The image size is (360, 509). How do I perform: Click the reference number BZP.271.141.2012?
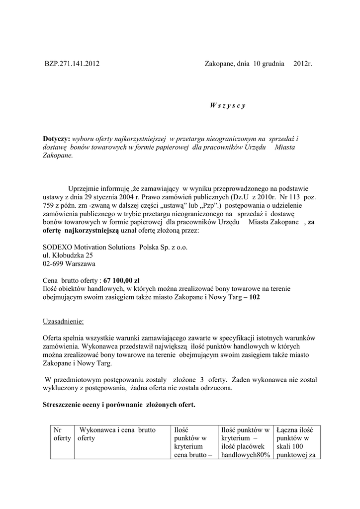click(x=72, y=64)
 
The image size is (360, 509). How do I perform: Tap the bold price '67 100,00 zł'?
click(x=121, y=280)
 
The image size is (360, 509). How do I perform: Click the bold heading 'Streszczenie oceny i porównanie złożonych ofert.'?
click(x=119, y=405)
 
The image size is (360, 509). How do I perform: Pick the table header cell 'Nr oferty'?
click(x=62, y=434)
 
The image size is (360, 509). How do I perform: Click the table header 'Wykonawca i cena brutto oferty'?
click(x=114, y=434)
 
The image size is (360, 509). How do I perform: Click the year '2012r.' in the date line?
click(x=302, y=64)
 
